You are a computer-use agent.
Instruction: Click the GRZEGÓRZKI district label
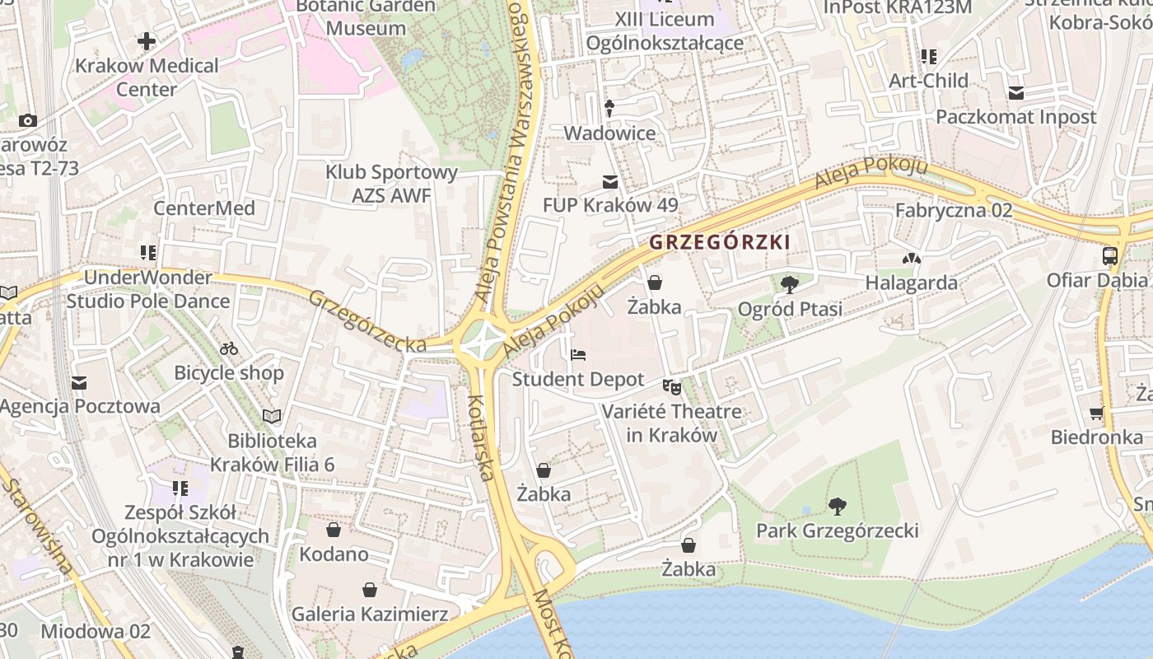(x=719, y=242)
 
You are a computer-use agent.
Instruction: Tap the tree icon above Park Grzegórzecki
(x=838, y=506)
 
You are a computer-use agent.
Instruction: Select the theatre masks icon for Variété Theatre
(x=672, y=386)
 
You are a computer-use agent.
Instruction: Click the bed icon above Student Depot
(x=578, y=355)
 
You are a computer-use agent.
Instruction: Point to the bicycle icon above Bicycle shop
(x=229, y=348)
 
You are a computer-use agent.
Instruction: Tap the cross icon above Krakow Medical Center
(x=147, y=41)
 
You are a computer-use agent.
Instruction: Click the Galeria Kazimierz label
(x=370, y=614)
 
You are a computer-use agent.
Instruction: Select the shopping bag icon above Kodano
(x=334, y=529)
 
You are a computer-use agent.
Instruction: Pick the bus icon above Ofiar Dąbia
(x=1109, y=255)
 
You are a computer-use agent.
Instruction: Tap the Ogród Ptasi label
(x=790, y=309)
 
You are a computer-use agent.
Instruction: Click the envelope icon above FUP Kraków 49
(x=610, y=181)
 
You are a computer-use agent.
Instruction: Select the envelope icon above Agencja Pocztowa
(x=79, y=382)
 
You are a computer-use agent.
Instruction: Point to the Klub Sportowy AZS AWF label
(x=392, y=184)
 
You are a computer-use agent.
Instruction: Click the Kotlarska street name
(x=480, y=437)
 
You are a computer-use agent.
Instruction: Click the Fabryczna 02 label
(x=954, y=210)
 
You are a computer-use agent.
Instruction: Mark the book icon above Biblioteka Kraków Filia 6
(x=272, y=416)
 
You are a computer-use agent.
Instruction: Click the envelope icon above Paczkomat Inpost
(x=1015, y=92)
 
